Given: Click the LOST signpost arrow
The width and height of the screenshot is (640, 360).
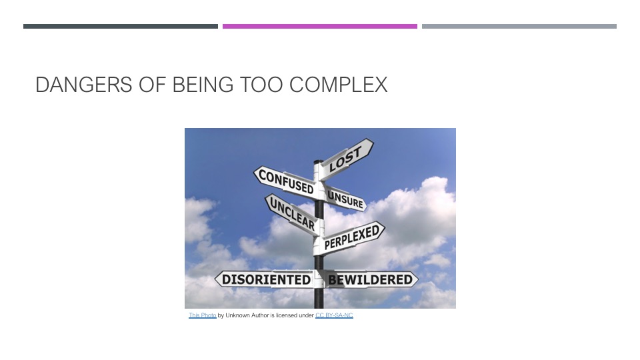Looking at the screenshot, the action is click(x=346, y=159).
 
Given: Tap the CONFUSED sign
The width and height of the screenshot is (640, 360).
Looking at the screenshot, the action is click(x=286, y=182).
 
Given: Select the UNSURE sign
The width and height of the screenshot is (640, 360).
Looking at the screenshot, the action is click(x=345, y=199).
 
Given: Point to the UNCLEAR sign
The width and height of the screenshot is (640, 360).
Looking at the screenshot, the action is click(x=292, y=214).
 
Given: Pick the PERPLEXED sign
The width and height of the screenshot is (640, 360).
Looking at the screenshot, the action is click(x=352, y=237).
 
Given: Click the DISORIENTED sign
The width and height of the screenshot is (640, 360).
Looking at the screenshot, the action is click(x=266, y=279).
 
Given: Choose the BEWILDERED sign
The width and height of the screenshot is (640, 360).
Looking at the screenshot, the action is click(x=370, y=279).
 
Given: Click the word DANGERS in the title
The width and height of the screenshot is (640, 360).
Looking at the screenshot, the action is click(x=84, y=85).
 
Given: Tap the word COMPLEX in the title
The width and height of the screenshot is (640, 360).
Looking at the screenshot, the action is click(x=339, y=85).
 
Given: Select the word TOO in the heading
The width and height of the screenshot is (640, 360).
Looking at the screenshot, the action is click(x=261, y=85).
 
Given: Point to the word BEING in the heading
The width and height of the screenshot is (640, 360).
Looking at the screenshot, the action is click(x=203, y=85).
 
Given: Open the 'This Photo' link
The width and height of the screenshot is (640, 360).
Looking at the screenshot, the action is click(x=203, y=315).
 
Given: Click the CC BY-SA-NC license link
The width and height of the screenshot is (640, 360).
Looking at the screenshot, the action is click(x=334, y=315).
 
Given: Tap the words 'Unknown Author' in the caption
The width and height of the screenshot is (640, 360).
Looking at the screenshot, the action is click(x=247, y=315).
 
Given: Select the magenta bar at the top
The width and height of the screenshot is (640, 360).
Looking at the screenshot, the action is click(x=320, y=26).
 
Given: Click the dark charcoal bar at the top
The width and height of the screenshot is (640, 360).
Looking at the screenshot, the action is click(x=121, y=26).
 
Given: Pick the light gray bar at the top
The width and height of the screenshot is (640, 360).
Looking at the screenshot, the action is click(x=519, y=26).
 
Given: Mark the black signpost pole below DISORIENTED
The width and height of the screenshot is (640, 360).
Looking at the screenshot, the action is click(x=319, y=299).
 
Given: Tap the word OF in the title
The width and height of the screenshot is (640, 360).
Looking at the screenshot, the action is click(x=152, y=85).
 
